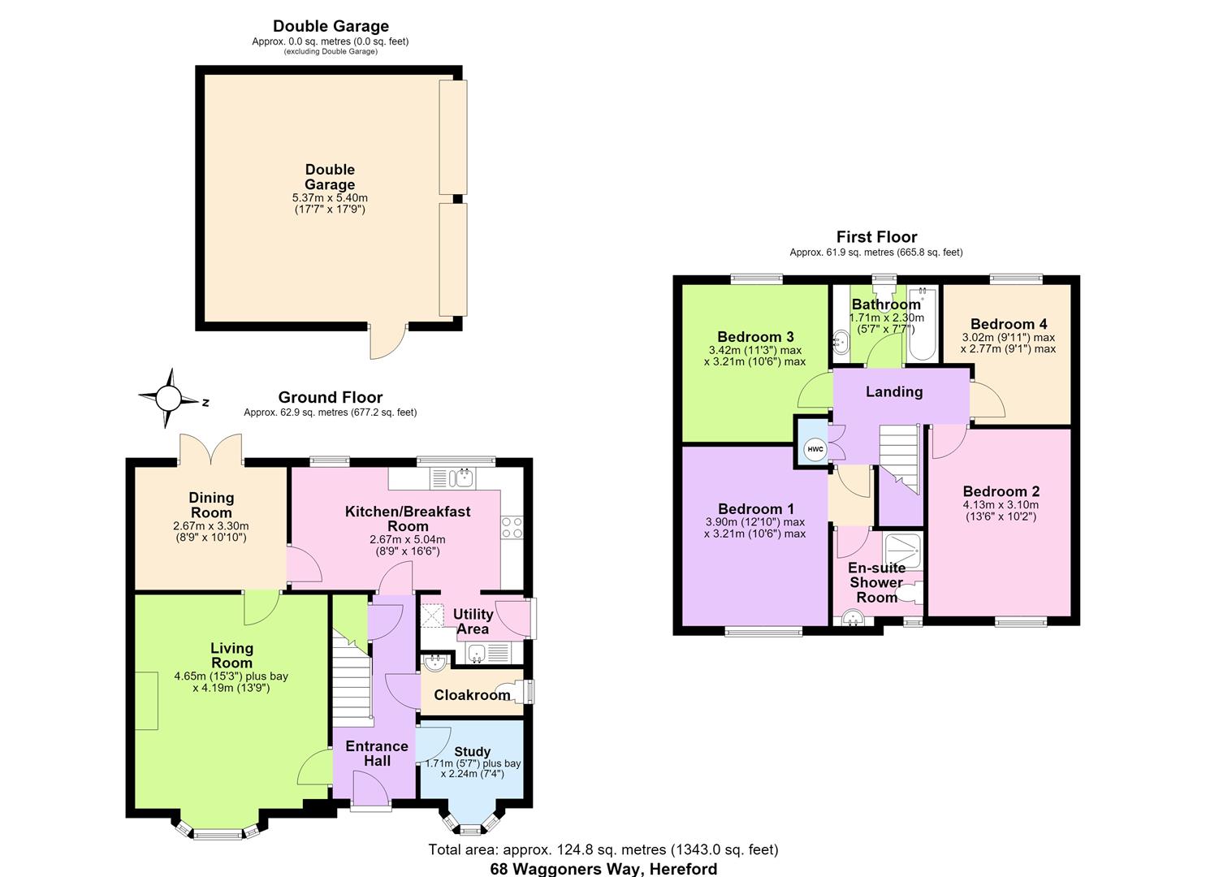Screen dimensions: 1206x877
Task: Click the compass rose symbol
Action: [x=170, y=399]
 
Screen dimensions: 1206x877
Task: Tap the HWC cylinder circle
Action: [x=815, y=449]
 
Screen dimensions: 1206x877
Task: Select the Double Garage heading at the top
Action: [x=331, y=26]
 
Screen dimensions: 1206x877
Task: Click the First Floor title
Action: [x=876, y=237]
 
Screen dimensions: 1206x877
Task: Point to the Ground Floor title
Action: [x=330, y=397]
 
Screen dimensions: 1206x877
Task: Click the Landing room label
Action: [x=893, y=391]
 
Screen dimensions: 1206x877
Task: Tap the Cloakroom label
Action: [x=472, y=695]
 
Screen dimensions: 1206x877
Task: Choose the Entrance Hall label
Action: [x=377, y=754]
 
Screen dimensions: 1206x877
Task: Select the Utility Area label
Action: [x=473, y=621]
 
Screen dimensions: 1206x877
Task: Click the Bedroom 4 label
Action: [x=1009, y=324]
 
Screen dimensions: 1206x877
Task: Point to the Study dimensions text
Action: [x=473, y=768]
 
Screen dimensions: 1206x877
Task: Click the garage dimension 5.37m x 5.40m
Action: [x=330, y=197]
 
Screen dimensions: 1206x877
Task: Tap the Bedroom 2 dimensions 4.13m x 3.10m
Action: [x=1001, y=504]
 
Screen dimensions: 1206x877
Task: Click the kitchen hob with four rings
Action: [x=512, y=527]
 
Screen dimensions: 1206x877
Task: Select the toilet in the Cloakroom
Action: [x=516, y=693]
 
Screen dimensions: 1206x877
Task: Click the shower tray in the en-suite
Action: [x=903, y=551]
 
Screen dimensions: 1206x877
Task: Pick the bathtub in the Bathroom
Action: [x=922, y=324]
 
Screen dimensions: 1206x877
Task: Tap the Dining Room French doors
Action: [x=210, y=449]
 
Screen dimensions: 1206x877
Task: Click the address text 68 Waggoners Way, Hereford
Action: [x=603, y=869]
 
